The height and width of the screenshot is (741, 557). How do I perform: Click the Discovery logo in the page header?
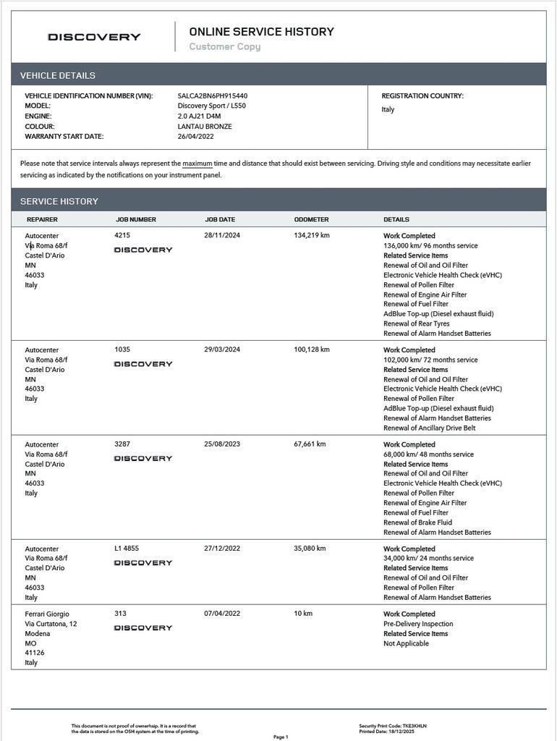pos(94,37)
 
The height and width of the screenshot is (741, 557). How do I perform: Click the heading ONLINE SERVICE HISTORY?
pos(261,32)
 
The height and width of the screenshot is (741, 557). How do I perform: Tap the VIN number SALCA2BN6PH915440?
pos(212,96)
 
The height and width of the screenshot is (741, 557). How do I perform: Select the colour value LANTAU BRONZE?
pos(205,126)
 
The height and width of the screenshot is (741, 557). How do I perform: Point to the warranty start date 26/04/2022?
pos(195,136)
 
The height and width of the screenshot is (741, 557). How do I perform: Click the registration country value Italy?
pos(388,110)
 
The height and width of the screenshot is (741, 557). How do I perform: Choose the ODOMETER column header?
pos(311,219)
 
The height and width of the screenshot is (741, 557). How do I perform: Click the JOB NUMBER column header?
pos(136,219)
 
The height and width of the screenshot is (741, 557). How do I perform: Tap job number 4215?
pos(122,236)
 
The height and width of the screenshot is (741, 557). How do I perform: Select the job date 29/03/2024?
pos(222,350)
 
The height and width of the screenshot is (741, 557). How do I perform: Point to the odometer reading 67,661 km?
pos(310,444)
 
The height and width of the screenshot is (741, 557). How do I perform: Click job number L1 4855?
pos(128,549)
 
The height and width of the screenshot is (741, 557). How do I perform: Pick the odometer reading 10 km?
pos(303,614)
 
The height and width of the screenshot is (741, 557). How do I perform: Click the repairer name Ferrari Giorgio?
pos(47,614)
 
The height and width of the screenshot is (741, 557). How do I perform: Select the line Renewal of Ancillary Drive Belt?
pos(429,428)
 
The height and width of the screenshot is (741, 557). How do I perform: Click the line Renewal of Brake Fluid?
pos(417,522)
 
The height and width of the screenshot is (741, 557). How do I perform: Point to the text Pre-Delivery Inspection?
pos(418,624)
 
